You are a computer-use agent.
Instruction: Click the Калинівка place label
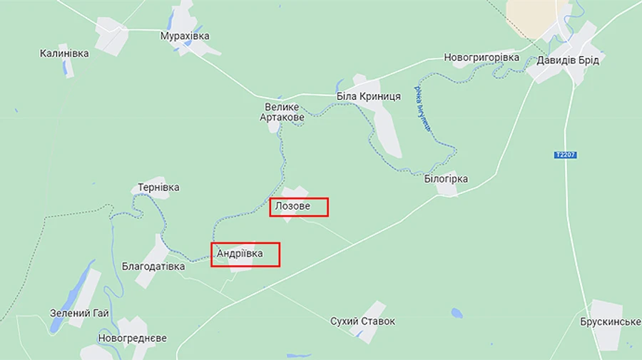coord(64,53)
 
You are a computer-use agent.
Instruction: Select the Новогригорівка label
coord(481,57)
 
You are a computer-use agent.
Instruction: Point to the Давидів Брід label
coord(568,60)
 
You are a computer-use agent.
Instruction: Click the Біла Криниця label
coord(369,96)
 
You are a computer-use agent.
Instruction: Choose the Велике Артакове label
coord(282,112)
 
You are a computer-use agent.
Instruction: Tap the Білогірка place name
coord(445,179)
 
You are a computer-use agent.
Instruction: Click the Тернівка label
coord(158,187)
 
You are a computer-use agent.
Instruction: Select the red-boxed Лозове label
coord(299,207)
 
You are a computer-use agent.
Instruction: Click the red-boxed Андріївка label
coord(245,254)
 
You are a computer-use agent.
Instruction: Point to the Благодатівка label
coord(153,266)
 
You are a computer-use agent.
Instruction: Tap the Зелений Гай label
coord(79,313)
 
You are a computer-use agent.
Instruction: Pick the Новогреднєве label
coord(133,337)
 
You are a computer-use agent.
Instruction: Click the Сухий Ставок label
coord(362,322)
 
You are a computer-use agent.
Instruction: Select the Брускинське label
coord(611,322)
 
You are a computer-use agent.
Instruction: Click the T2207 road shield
coord(564,155)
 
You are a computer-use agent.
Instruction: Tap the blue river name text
coord(423,110)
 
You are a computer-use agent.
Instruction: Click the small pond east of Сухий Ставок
coord(457,313)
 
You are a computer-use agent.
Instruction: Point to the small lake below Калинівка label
coord(67,68)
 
